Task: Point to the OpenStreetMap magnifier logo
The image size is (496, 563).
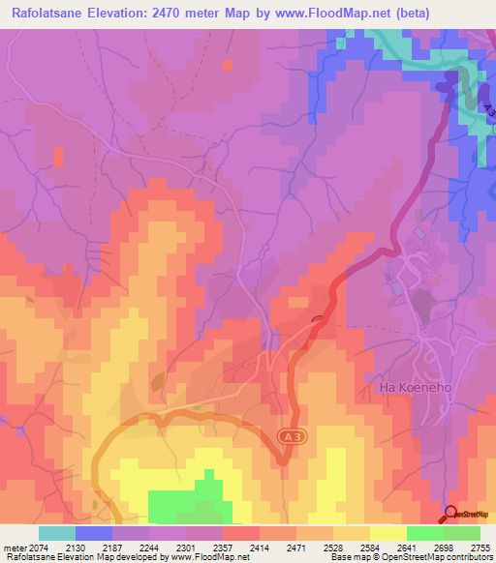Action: [451, 514]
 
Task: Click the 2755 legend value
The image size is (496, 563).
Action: [479, 547]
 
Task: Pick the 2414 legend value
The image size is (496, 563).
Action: [259, 547]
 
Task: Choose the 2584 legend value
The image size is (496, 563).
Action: [369, 547]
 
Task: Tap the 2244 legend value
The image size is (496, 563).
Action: [149, 547]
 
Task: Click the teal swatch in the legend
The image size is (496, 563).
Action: [57, 533]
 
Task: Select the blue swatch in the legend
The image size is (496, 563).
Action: [94, 533]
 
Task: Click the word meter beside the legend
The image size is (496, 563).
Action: [14, 547]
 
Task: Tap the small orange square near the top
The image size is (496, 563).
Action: [227, 65]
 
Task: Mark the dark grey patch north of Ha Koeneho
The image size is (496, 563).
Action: [423, 309]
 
